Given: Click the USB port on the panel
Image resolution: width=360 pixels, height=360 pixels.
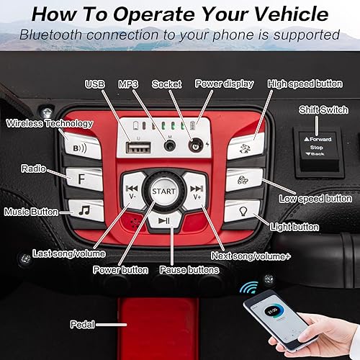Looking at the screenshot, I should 135,148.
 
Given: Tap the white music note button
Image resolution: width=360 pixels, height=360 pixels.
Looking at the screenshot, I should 84,210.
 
